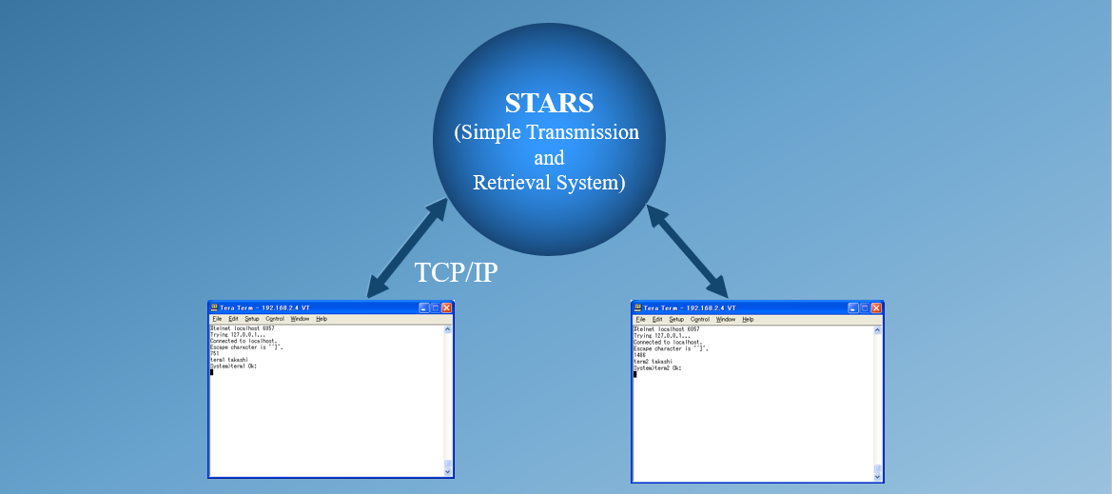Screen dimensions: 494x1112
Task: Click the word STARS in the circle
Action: pos(550,103)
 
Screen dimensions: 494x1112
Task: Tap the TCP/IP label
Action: pos(457,273)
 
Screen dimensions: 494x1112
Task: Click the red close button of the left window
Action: pos(447,308)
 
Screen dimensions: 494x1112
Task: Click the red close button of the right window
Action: pos(875,308)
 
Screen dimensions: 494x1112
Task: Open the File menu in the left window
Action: pos(217,319)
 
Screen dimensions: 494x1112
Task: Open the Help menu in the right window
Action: pos(748,320)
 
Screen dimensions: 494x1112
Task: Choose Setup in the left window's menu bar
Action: pos(251,319)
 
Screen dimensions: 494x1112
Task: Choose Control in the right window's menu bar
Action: pos(700,320)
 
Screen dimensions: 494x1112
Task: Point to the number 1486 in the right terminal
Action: pos(638,355)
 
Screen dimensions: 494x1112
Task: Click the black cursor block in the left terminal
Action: pos(211,372)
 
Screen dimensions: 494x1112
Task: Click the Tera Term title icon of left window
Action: pos(214,308)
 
